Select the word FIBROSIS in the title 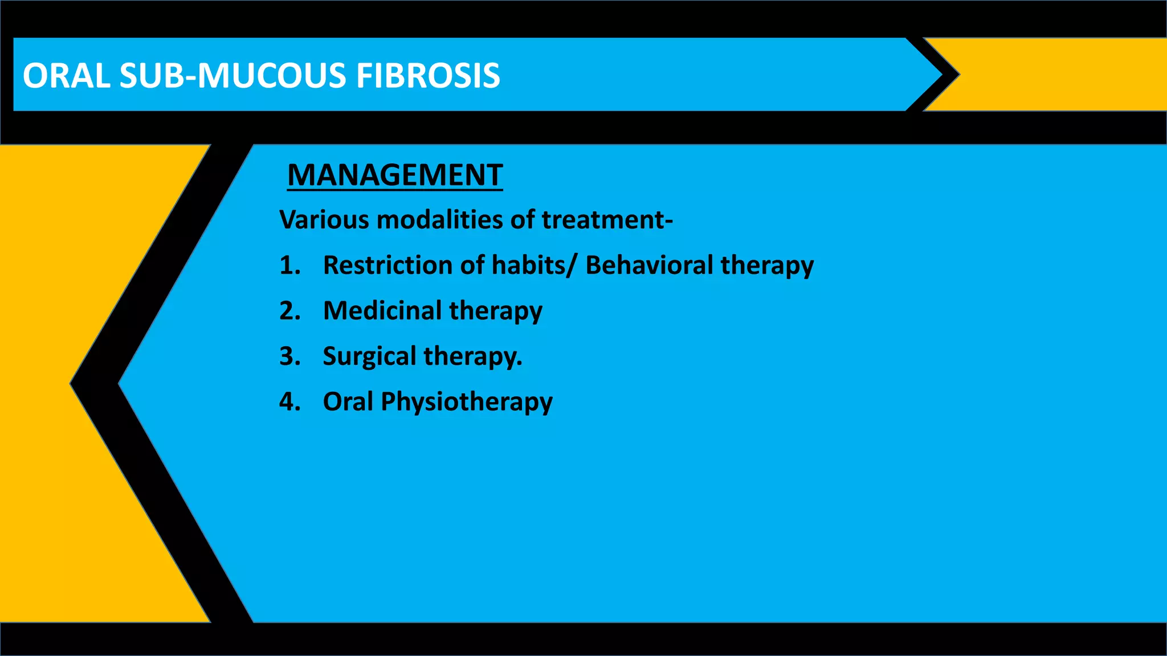(428, 76)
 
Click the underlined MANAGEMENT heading (395, 175)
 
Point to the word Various (324, 220)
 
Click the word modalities (439, 220)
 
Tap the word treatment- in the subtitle (607, 220)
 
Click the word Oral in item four (348, 402)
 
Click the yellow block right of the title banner (1066, 74)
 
